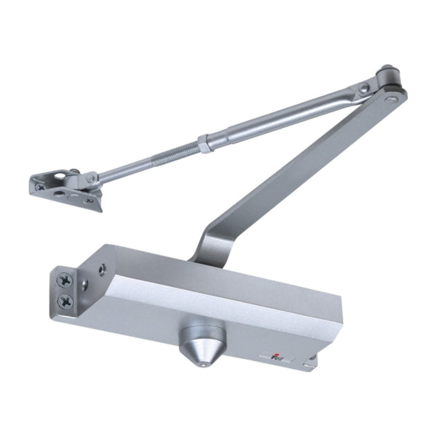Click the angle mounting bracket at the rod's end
pos(65,189)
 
